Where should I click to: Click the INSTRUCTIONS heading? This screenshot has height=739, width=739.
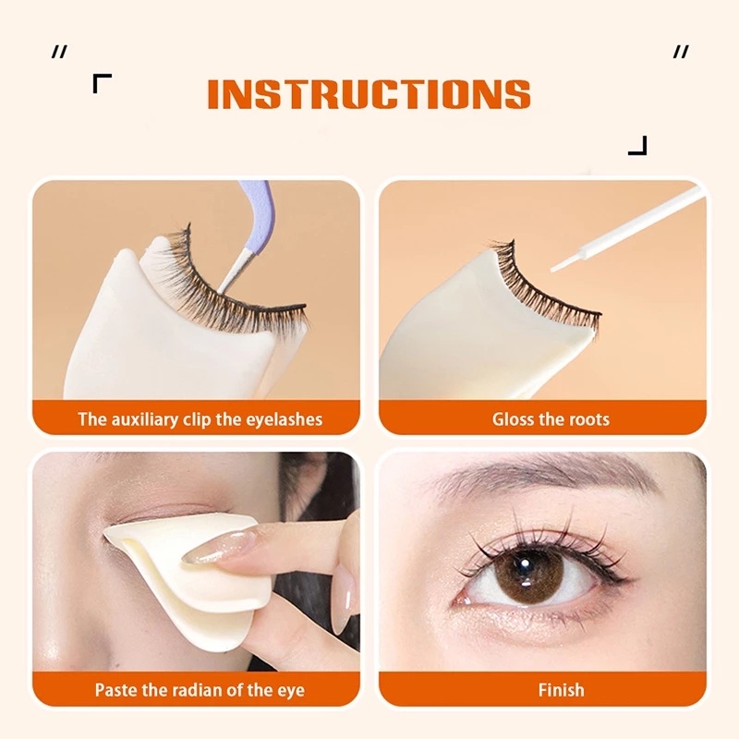coord(369,94)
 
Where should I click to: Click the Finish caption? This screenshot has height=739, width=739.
coord(561,689)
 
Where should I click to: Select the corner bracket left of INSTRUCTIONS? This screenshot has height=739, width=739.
coord(102,84)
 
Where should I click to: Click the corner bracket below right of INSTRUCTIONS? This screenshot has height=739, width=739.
coord(637,145)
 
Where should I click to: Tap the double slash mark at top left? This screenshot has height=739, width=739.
coord(59,53)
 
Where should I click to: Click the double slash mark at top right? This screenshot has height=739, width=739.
coord(681,53)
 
